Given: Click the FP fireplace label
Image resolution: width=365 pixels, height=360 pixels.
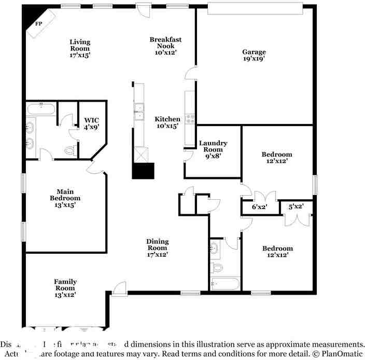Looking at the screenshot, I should coord(38,24).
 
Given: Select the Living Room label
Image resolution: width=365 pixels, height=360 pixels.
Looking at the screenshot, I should coord(80,48).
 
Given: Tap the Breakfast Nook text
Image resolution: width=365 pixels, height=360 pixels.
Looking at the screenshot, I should coord(165,46).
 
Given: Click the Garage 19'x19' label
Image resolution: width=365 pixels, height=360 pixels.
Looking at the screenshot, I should coord(254,55).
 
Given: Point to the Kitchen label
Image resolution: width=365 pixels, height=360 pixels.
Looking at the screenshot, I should coord(167,122).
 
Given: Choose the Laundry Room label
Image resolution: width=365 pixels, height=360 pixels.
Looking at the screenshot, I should coord(213,149).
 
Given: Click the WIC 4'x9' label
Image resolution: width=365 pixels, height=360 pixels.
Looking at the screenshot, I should coord(91,123).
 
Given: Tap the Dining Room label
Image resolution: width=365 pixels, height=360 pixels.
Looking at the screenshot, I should coord(157,248).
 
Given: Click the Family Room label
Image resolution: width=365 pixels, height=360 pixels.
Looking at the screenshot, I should coord(65,288).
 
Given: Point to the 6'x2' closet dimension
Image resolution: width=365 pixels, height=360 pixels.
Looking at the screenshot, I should coord(259,207).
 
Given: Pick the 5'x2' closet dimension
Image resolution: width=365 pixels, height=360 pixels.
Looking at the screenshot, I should coord(296,207).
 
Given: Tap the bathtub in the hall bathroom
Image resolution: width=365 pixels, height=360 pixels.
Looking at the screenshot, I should coord(226,284).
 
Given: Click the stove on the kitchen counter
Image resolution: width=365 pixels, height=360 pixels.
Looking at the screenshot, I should coord(190,119).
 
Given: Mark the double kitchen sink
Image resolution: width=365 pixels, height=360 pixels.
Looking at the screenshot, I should coord(139,112).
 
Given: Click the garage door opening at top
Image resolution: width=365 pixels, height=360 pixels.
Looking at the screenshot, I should coord(255,8).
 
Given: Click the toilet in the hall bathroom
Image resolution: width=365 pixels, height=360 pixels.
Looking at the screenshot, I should coord(217,268).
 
